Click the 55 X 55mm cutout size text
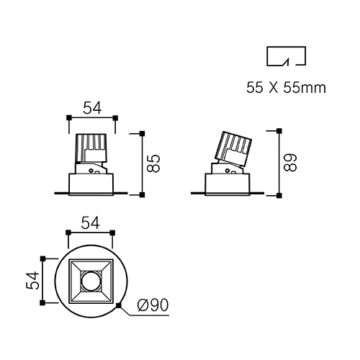(286, 88)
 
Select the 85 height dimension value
(153, 163)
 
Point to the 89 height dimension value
(290, 163)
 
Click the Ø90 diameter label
(153, 305)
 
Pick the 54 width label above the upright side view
(92, 108)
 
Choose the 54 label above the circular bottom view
(91, 223)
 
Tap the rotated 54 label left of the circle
(32, 280)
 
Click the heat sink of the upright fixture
(91, 148)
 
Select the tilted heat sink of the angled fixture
(233, 148)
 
